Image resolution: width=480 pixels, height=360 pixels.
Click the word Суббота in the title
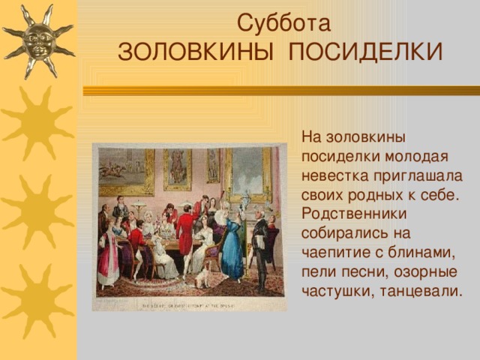(283, 24)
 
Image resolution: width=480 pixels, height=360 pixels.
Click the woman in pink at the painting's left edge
(109, 259)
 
